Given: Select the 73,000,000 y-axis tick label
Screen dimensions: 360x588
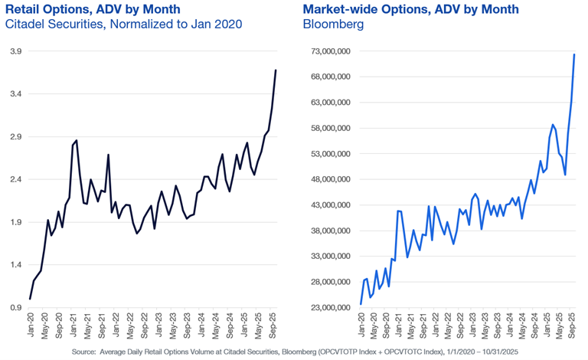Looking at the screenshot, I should click(326, 51).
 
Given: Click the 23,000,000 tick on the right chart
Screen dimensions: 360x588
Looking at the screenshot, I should click(326, 308).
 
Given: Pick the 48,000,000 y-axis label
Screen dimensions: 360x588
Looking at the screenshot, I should click(326, 179).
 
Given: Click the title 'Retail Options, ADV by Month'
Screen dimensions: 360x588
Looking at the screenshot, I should click(93, 9).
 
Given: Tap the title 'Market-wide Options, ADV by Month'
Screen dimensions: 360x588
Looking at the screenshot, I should click(411, 9).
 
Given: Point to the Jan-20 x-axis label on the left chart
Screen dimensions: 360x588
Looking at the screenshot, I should click(31, 326).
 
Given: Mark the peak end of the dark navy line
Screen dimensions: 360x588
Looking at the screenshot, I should click(276, 70).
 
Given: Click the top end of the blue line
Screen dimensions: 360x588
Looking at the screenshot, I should click(574, 54).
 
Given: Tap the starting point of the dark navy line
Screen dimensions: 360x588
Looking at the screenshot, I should click(30, 299).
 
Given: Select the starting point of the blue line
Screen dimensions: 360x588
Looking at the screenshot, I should click(361, 304).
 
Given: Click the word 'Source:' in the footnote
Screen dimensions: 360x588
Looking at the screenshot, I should click(88, 352).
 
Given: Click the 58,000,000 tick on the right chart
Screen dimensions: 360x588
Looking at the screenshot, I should click(326, 128).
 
